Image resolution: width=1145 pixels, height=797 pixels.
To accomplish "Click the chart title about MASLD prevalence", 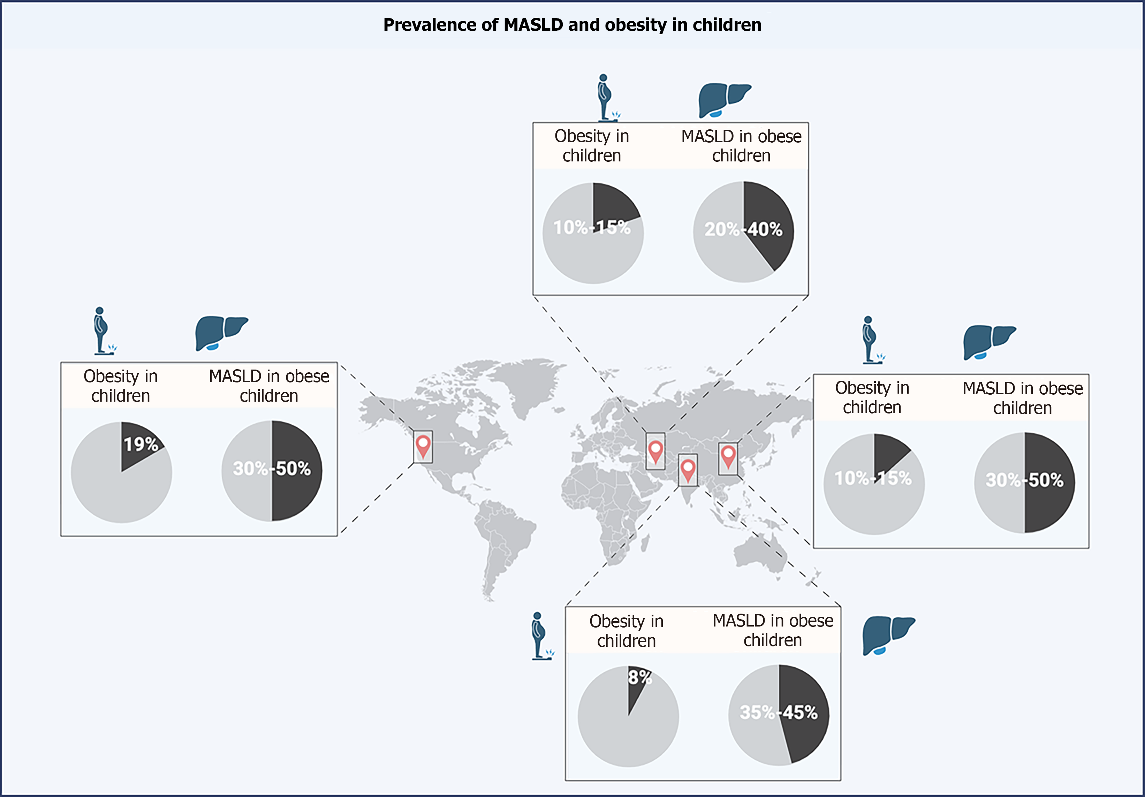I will [572, 25].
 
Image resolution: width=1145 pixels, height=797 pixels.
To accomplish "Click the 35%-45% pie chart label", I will [779, 712].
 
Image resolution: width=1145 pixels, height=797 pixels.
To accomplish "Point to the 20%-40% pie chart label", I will [743, 229].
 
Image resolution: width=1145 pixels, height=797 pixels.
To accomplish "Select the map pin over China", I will [728, 456].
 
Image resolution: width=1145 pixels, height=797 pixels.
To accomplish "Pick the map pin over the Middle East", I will [655, 450].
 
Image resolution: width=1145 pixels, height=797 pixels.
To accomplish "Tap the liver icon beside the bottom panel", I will [888, 635].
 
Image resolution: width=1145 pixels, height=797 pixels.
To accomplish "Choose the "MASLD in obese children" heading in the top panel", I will [741, 146].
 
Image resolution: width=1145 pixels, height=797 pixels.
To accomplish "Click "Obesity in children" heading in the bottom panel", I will [626, 631].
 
